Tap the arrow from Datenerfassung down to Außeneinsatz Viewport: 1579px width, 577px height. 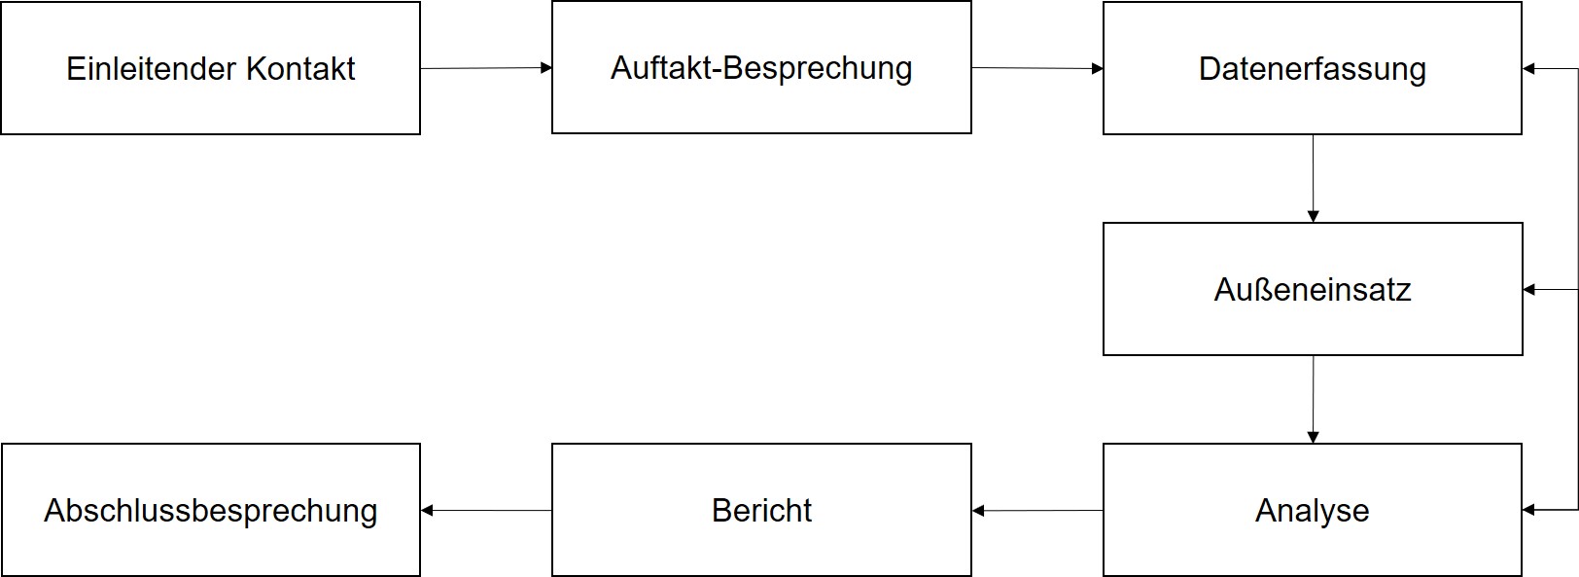[x=1313, y=177]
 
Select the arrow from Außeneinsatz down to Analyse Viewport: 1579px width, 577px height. [x=1313, y=398]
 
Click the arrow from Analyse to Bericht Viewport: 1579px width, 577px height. [x=1036, y=510]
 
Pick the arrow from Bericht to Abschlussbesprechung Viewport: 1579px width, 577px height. [x=485, y=510]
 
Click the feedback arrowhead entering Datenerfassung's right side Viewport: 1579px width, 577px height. [x=1529, y=69]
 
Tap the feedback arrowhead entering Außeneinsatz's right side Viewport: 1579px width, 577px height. [x=1529, y=289]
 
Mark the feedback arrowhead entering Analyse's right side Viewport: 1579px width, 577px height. [x=1529, y=510]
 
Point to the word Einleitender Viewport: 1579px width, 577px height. [x=152, y=69]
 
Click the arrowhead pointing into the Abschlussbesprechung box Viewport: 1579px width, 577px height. [x=427, y=510]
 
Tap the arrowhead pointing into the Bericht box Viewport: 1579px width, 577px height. [x=978, y=510]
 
